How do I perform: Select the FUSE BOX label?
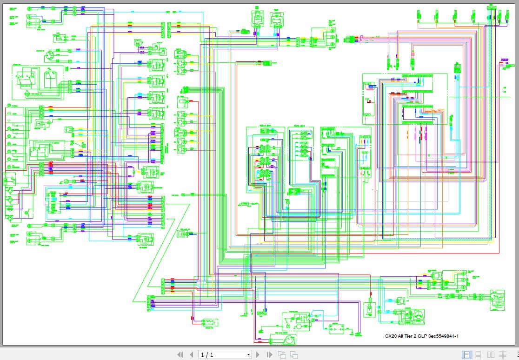pos(296,126)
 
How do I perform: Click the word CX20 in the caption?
pos(391,336)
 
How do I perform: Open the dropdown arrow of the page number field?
pos(248,355)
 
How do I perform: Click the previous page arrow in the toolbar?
pos(191,355)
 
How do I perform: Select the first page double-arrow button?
pos(180,355)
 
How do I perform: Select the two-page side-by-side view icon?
pos(491,355)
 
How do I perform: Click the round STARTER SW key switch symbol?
pos(51,56)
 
